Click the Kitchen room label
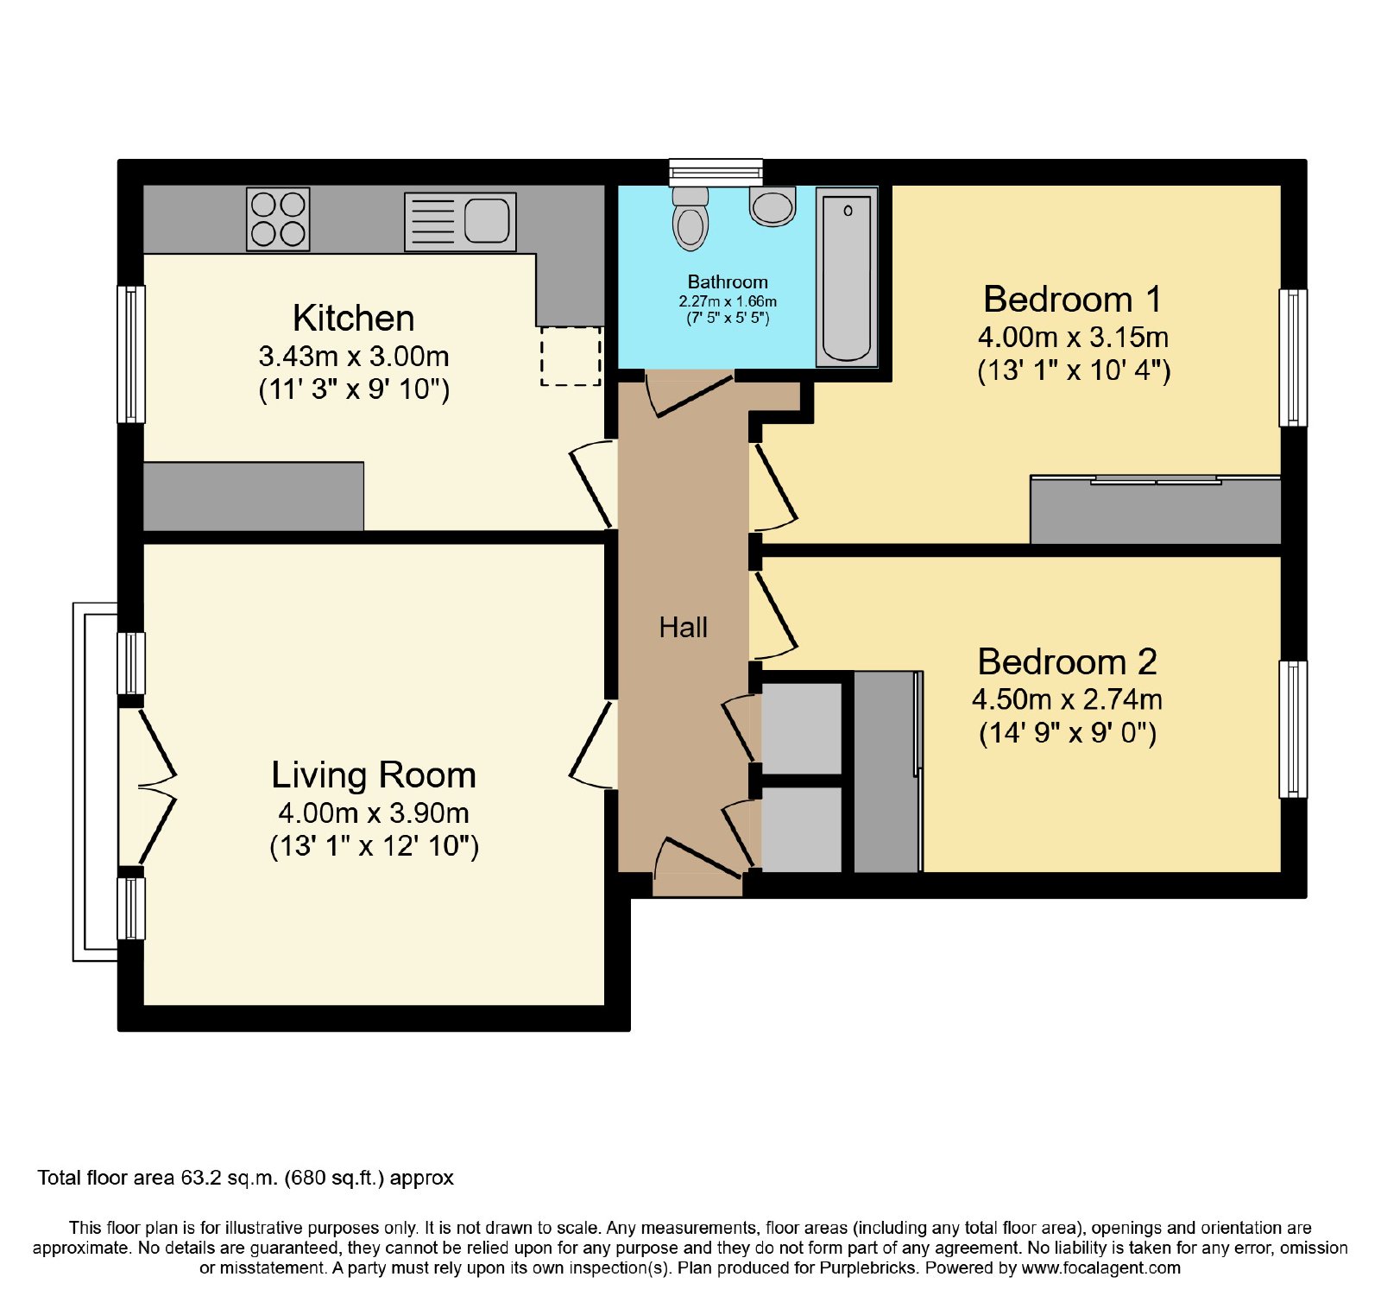pos(353,319)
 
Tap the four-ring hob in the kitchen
pos(278,219)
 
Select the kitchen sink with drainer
pos(460,222)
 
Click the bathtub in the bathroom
pos(848,277)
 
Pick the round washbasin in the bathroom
pos(772,206)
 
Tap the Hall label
pos(683,628)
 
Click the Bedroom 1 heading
pos(1072,300)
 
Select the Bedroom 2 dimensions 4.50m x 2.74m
pos(1067,699)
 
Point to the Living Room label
pos(374,775)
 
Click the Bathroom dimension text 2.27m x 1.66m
pos(728,301)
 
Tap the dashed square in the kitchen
pos(571,356)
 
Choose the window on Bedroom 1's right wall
pos(1293,357)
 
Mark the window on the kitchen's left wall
pos(131,354)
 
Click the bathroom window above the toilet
pos(716,173)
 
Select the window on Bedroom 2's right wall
pos(1293,730)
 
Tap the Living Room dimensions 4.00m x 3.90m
pos(374,813)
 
